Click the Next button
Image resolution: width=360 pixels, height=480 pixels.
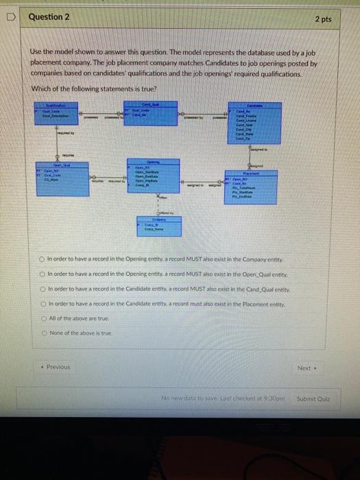pos(305,368)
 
